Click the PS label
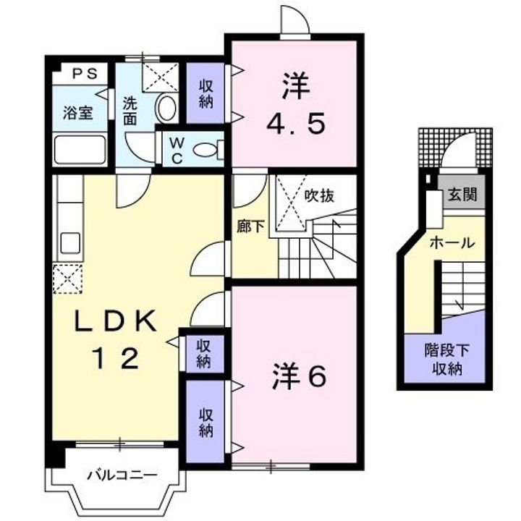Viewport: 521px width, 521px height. pos(85,73)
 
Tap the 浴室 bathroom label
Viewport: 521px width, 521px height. pos(77,114)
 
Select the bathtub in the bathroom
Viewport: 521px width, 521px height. pos(80,149)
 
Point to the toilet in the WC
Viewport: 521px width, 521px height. pos(208,150)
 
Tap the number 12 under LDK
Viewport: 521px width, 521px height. pos(115,358)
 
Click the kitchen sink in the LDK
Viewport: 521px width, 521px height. pos(70,243)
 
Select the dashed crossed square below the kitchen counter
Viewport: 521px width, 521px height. pos(67,279)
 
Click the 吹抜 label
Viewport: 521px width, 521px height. pos(319,196)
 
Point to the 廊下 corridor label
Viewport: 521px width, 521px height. pos(250,227)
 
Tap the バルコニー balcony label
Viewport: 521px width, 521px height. pos(122,475)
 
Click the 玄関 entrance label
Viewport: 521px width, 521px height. pos(462,195)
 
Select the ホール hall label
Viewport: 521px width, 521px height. pos(452,243)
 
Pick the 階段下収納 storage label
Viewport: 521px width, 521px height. pos(447,360)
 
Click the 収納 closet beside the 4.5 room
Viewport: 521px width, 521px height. pos(206,93)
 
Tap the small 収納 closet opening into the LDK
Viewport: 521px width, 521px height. pos(203,354)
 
